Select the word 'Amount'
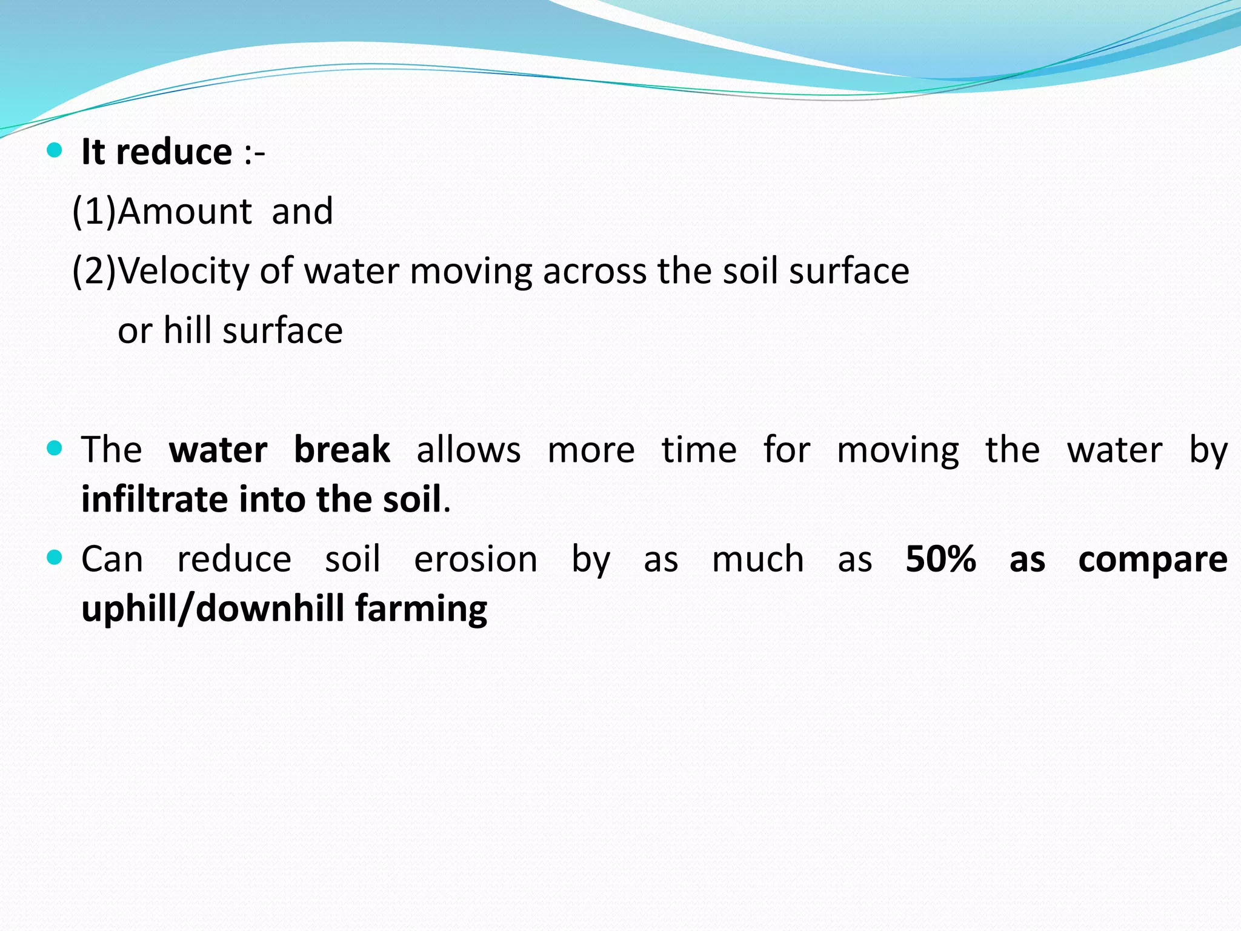click(185, 212)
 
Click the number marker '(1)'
click(94, 212)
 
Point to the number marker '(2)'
click(94, 271)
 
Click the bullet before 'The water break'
click(55, 449)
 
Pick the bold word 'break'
click(342, 450)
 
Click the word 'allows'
click(468, 450)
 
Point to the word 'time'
click(699, 450)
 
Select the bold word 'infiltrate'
click(155, 499)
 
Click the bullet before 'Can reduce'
click(55, 558)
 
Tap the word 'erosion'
click(476, 559)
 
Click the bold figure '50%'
click(940, 559)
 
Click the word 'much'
click(757, 559)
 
